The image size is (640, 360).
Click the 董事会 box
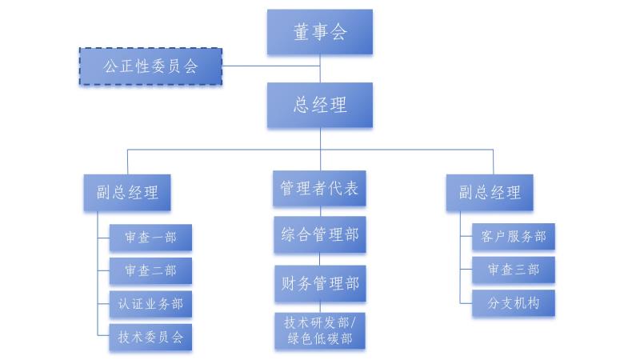320,32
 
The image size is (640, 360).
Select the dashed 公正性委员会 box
150,66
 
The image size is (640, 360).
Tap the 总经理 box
320,105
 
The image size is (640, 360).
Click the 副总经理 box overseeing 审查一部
128,192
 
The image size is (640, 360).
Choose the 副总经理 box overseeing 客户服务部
490,192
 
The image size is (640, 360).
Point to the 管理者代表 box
320,189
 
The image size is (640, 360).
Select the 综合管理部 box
320,235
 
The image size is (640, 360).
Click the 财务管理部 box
320,283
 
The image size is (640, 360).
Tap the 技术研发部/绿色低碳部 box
320,330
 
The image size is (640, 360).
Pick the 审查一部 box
150,238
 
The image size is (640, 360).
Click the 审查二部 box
150,270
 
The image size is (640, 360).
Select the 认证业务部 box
150,304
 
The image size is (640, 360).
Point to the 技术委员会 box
150,337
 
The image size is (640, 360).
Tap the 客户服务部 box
514,237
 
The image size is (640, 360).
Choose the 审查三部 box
514,270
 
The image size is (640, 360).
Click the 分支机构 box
514,303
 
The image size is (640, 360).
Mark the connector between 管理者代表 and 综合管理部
321,211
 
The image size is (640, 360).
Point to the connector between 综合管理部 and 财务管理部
321,259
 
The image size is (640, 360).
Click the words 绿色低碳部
320,338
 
